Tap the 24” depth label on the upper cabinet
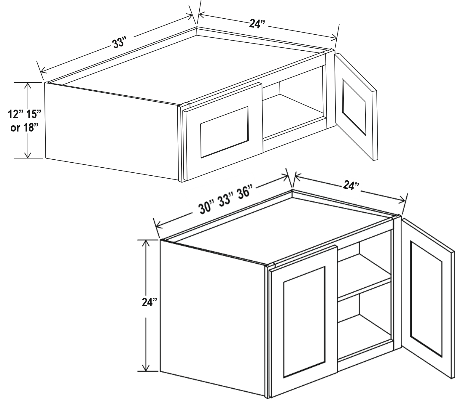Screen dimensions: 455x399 pos(257,24)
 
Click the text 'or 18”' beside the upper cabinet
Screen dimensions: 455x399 pos(24,128)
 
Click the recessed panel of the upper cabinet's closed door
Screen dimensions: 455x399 pos(224,132)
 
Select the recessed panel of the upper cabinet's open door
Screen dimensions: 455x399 pos(354,107)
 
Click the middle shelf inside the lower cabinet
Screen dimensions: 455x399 pos(364,288)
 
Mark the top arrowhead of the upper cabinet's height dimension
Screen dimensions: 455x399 pos(28,86)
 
